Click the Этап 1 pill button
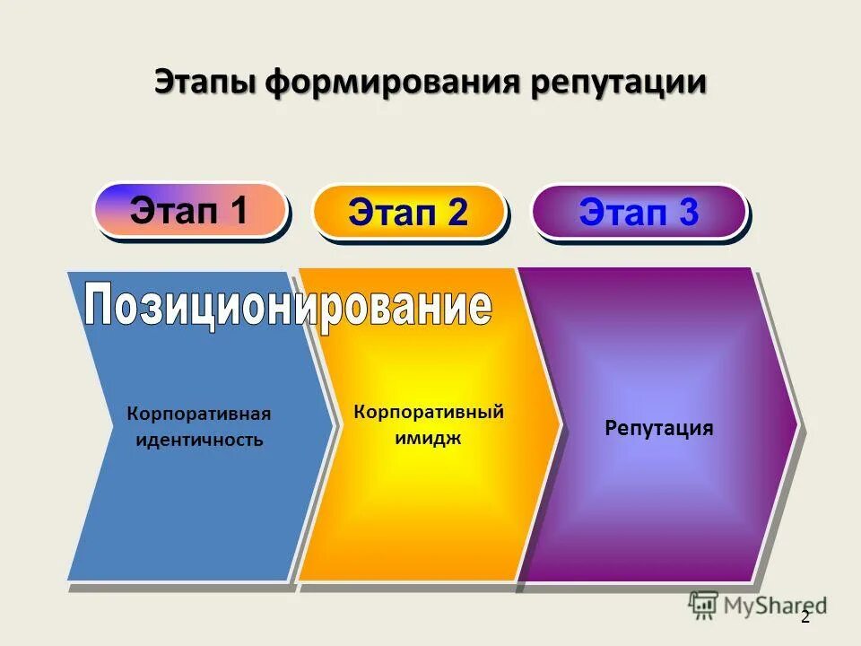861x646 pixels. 190,210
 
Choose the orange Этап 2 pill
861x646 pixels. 408,213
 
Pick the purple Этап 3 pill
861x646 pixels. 639,213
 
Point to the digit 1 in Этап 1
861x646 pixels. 239,210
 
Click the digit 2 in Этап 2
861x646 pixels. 457,213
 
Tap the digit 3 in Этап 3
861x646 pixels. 688,213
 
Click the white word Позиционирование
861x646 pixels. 289,306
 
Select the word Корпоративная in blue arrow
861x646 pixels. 198,415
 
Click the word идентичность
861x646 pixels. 199,441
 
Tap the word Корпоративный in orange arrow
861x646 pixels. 429,412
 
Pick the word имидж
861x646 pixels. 429,437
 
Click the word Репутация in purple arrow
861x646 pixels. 659,428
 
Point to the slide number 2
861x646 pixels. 804,617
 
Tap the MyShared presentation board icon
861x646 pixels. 704,606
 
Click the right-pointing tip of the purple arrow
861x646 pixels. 795,422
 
